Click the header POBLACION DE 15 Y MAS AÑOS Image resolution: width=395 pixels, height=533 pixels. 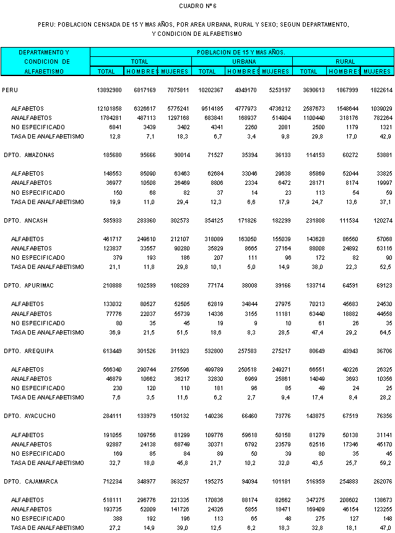click(241, 53)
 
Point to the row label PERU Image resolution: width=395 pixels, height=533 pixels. click(10, 90)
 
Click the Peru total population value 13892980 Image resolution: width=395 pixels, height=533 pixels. click(110, 90)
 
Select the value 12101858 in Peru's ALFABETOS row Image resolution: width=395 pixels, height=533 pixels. click(110, 109)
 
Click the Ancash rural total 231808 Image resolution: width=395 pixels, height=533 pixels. click(313, 220)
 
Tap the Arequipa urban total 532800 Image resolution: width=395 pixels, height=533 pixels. click(211, 351)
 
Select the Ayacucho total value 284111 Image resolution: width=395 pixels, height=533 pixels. click(111, 416)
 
